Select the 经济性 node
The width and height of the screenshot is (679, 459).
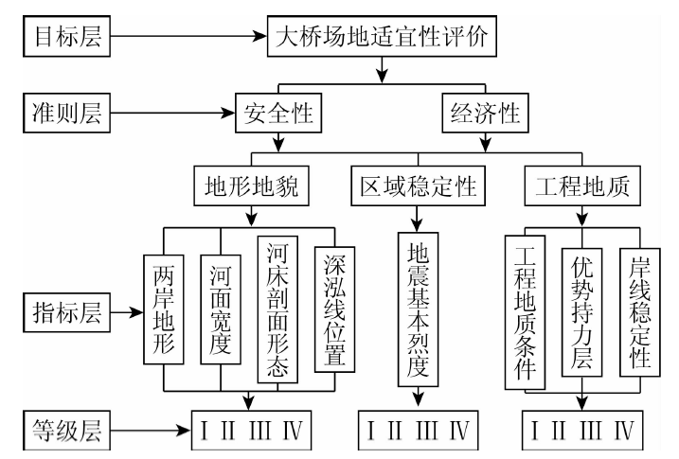pyautogui.click(x=482, y=117)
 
